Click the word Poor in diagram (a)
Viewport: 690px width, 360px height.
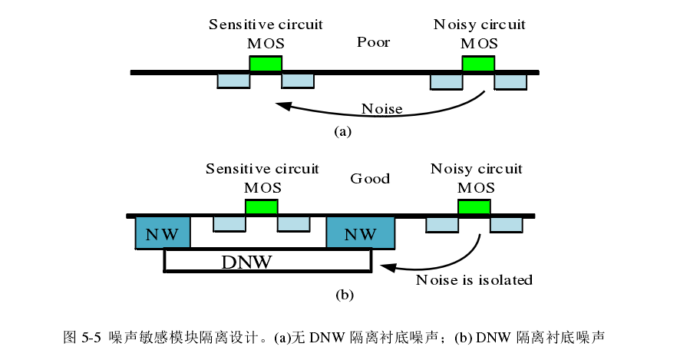pos(373,42)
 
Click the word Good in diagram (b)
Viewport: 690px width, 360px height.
pos(370,179)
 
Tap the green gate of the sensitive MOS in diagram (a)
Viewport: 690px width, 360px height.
pos(265,63)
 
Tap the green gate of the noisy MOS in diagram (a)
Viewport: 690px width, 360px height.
pos(479,63)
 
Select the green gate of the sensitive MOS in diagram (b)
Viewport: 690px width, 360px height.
pos(261,206)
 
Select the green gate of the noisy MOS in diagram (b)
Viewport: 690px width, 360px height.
pos(474,206)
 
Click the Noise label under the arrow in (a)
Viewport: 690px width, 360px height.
pos(381,108)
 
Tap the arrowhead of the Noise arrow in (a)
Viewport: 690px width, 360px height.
pos(282,105)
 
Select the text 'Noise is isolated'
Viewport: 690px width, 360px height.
pos(474,280)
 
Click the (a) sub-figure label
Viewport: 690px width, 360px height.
pos(342,131)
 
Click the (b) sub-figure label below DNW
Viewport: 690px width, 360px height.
pos(345,294)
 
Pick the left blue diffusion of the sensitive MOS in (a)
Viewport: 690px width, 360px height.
pos(233,81)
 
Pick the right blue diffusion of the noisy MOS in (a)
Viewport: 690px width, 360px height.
pos(510,81)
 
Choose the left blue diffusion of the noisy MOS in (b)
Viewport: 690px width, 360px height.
pos(442,224)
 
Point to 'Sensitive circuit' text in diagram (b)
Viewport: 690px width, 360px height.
pos(262,168)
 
